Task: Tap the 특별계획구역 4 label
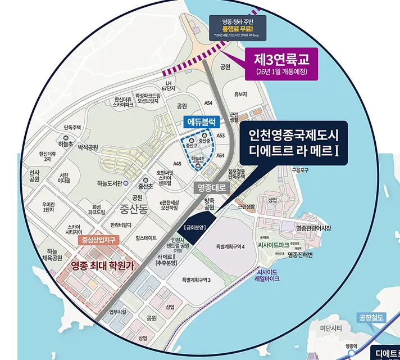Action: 230,246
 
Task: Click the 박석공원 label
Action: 88,147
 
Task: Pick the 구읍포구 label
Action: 301,169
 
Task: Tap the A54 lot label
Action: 208,103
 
